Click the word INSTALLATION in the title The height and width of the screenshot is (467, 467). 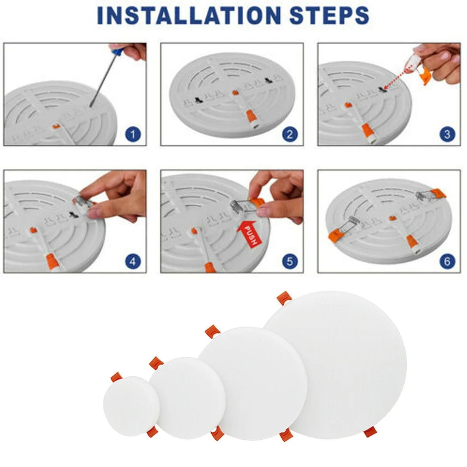[189, 15]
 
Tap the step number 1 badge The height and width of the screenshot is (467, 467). [133, 135]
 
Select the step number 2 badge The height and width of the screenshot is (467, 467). [289, 135]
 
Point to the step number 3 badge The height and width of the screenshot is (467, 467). [447, 135]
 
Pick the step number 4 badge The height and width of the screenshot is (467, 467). [133, 261]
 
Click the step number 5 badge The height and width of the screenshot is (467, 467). [289, 261]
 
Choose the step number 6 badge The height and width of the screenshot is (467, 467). [447, 261]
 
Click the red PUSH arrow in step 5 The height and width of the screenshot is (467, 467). [249, 233]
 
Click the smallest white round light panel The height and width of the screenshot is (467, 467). [131, 406]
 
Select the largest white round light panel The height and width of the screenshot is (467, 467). [335, 364]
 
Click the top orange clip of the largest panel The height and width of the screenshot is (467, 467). [284, 298]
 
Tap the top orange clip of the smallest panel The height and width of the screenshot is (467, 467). [116, 377]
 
